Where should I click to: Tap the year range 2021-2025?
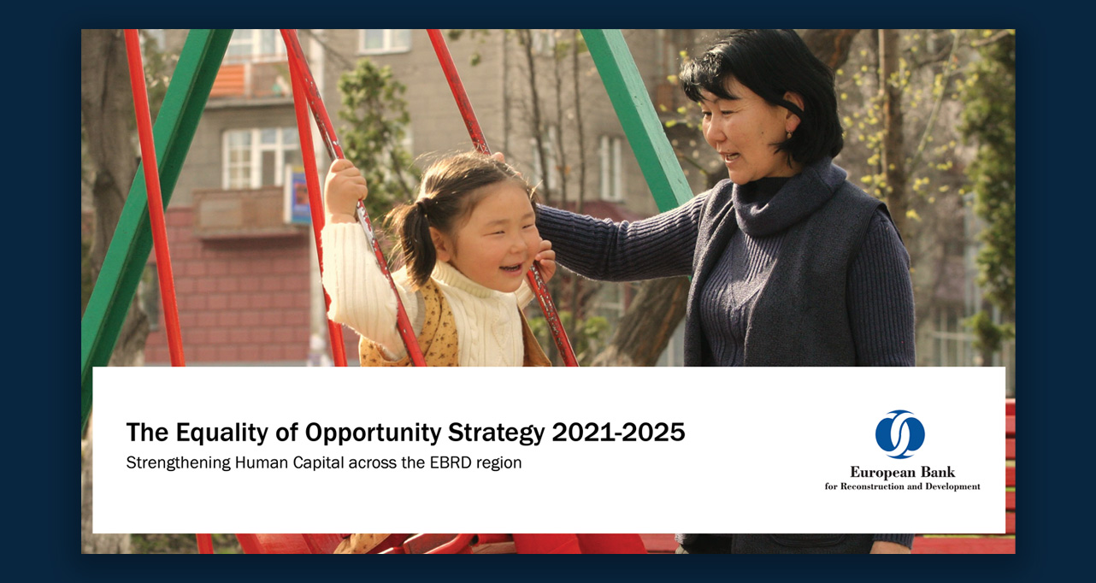618,433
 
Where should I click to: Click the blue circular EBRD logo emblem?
899,434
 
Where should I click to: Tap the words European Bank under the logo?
902,472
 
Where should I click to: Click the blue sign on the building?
297,197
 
